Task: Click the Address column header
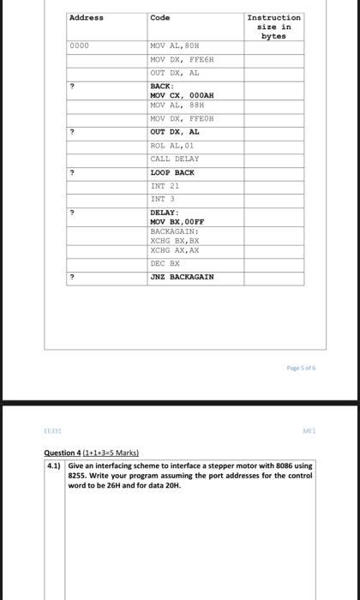tap(86, 18)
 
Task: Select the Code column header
tap(160, 18)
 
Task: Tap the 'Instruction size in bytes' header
tap(273, 27)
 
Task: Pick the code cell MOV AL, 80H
tap(174, 45)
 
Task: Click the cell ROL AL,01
tap(172, 146)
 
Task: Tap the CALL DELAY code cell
tap(174, 159)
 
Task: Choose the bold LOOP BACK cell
tap(172, 172)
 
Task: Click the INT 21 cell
tap(165, 185)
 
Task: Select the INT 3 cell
tap(162, 199)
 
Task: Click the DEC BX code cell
tap(165, 263)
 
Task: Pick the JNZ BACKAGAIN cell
tap(182, 277)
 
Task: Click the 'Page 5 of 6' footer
tap(300, 367)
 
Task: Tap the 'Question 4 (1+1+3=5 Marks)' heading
tap(92, 453)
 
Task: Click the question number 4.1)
tap(56, 465)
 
